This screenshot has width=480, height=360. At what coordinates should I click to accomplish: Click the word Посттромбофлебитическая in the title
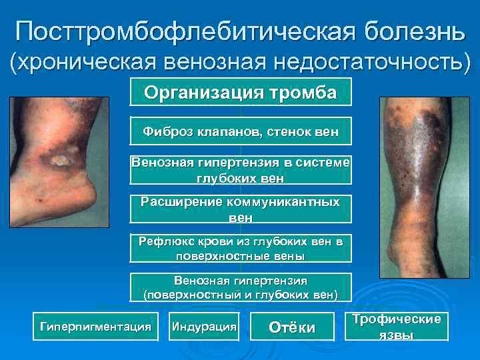click(169, 31)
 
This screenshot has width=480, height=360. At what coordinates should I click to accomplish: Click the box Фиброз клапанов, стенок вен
click(241, 133)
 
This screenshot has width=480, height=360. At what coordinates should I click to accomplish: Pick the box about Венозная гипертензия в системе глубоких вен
click(241, 170)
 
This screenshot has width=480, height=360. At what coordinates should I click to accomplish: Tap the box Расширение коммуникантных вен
click(241, 209)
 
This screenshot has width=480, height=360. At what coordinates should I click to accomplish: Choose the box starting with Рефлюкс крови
click(241, 249)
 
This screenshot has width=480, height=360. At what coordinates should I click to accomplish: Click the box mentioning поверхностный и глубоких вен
click(241, 287)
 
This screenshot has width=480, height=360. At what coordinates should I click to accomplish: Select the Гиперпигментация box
click(95, 327)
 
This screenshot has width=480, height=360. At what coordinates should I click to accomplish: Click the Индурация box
click(204, 327)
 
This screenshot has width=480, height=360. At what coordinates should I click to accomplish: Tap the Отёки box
click(291, 327)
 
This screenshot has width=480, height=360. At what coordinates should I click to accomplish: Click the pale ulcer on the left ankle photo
click(62, 160)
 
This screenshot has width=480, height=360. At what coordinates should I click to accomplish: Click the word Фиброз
click(162, 133)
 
